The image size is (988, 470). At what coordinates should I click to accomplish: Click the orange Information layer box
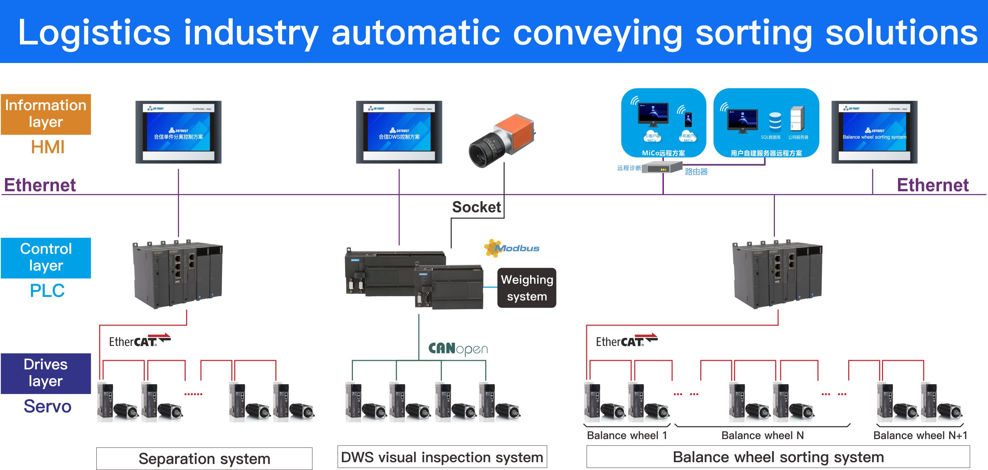pyautogui.click(x=46, y=114)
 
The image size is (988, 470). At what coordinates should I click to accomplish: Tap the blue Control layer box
pyautogui.click(x=46, y=258)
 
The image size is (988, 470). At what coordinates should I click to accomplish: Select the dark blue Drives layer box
pyautogui.click(x=46, y=373)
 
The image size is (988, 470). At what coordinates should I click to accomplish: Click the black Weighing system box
pyautogui.click(x=527, y=288)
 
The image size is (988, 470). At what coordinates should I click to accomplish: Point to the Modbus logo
pyautogui.click(x=512, y=248)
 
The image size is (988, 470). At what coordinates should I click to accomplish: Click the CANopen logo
pyautogui.click(x=458, y=348)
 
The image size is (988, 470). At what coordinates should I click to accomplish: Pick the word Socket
pyautogui.click(x=476, y=207)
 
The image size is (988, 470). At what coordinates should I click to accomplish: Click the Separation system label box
pyautogui.click(x=204, y=459)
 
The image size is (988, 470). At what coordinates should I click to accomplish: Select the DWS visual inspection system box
pyautogui.click(x=442, y=457)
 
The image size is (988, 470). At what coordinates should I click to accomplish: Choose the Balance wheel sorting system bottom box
pyautogui.click(x=778, y=457)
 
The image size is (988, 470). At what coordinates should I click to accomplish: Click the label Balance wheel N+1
pyautogui.click(x=920, y=436)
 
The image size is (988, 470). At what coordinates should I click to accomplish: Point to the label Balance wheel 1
pyautogui.click(x=627, y=436)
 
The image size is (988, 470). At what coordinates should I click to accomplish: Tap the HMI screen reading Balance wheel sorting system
pyautogui.click(x=874, y=132)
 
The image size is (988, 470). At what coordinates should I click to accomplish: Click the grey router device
pyautogui.click(x=662, y=167)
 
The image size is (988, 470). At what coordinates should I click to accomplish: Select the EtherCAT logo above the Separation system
pyautogui.click(x=139, y=341)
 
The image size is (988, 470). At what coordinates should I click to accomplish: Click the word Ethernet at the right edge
pyautogui.click(x=932, y=185)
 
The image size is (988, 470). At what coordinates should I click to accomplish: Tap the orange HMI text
pyautogui.click(x=48, y=147)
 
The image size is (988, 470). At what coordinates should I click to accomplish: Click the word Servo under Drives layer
pyautogui.click(x=48, y=406)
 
